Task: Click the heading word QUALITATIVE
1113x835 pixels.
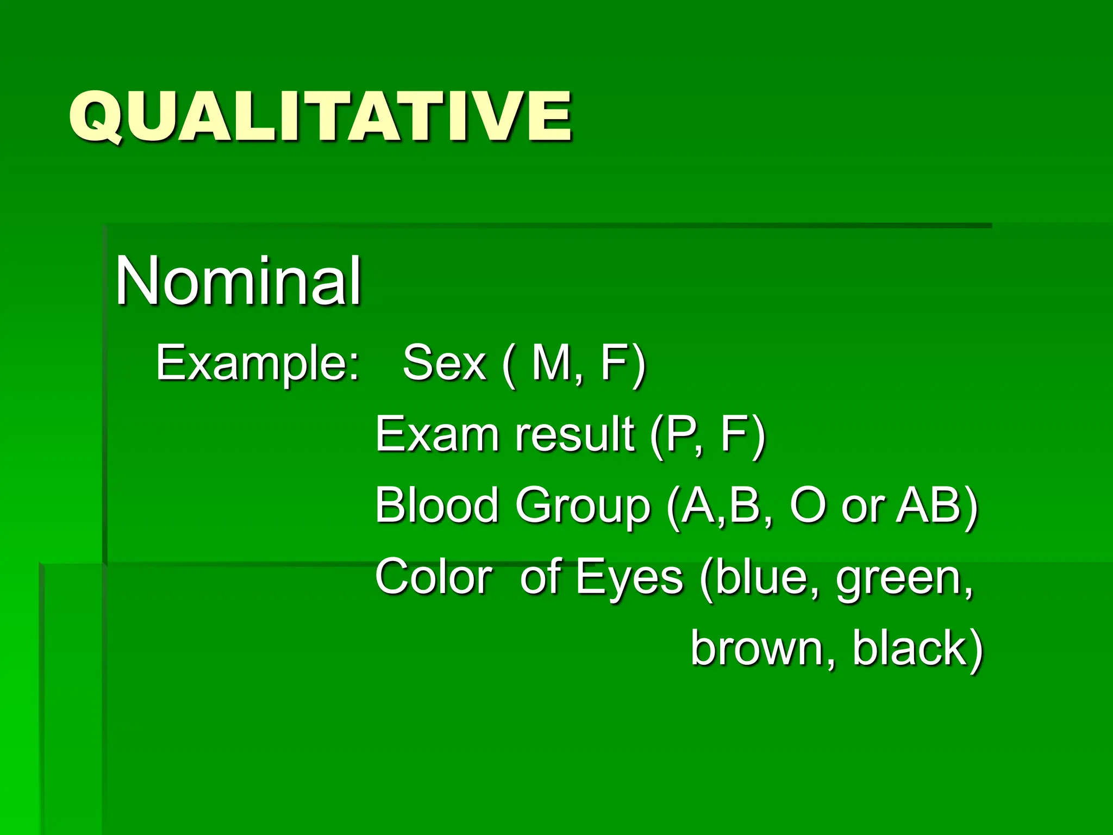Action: tap(321, 116)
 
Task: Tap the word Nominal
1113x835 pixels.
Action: tap(238, 281)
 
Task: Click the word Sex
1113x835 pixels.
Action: tap(444, 363)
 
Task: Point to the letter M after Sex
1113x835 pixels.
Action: tap(551, 363)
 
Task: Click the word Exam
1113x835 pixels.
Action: tap(437, 434)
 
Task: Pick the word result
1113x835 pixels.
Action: tap(574, 434)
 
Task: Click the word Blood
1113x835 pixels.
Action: tap(437, 505)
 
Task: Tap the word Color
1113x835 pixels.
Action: tap(434, 577)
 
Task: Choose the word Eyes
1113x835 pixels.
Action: tap(629, 578)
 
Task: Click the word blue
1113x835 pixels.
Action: tap(761, 577)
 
